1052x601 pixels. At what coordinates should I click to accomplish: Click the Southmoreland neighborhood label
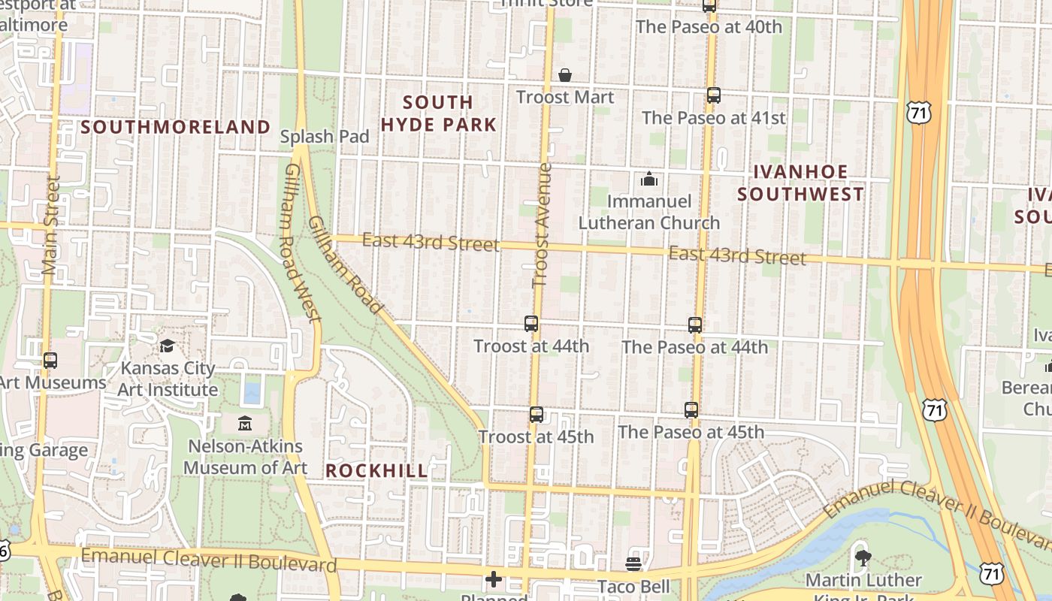(175, 127)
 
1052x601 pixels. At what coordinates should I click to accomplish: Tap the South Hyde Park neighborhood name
(439, 113)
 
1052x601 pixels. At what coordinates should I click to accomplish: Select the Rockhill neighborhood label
(376, 471)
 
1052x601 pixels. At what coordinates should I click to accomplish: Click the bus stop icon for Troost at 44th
(531, 324)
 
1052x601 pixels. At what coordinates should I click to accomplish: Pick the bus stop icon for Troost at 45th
(536, 415)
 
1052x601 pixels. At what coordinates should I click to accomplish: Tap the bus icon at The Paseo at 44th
(695, 325)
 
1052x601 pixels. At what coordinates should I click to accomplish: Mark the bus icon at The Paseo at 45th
(691, 410)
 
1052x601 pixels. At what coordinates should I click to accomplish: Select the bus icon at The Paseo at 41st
(714, 95)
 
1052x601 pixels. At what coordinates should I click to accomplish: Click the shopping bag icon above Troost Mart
(564, 75)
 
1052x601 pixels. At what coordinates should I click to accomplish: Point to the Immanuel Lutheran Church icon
(648, 179)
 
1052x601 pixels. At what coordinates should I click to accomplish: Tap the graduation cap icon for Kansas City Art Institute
(167, 346)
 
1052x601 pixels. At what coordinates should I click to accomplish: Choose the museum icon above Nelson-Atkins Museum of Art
(245, 424)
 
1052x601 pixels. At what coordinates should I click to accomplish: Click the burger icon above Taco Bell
(633, 564)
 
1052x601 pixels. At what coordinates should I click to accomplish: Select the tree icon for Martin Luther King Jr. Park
(863, 557)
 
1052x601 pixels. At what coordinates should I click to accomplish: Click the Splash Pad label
(325, 137)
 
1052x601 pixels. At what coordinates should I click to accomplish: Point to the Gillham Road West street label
(302, 243)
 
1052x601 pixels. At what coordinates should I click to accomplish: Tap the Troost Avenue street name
(542, 225)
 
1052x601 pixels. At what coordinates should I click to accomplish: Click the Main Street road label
(51, 225)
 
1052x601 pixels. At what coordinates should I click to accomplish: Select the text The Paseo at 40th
(709, 27)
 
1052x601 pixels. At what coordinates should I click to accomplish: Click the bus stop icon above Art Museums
(50, 361)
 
